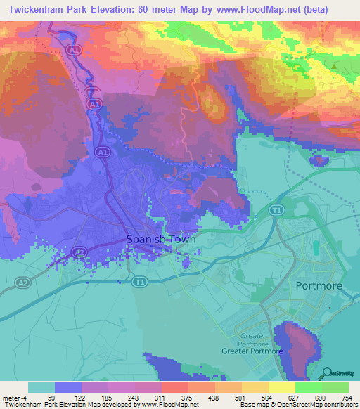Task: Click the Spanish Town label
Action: pos(160,239)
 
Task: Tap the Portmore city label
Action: pos(318,285)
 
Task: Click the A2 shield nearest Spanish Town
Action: pos(79,252)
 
